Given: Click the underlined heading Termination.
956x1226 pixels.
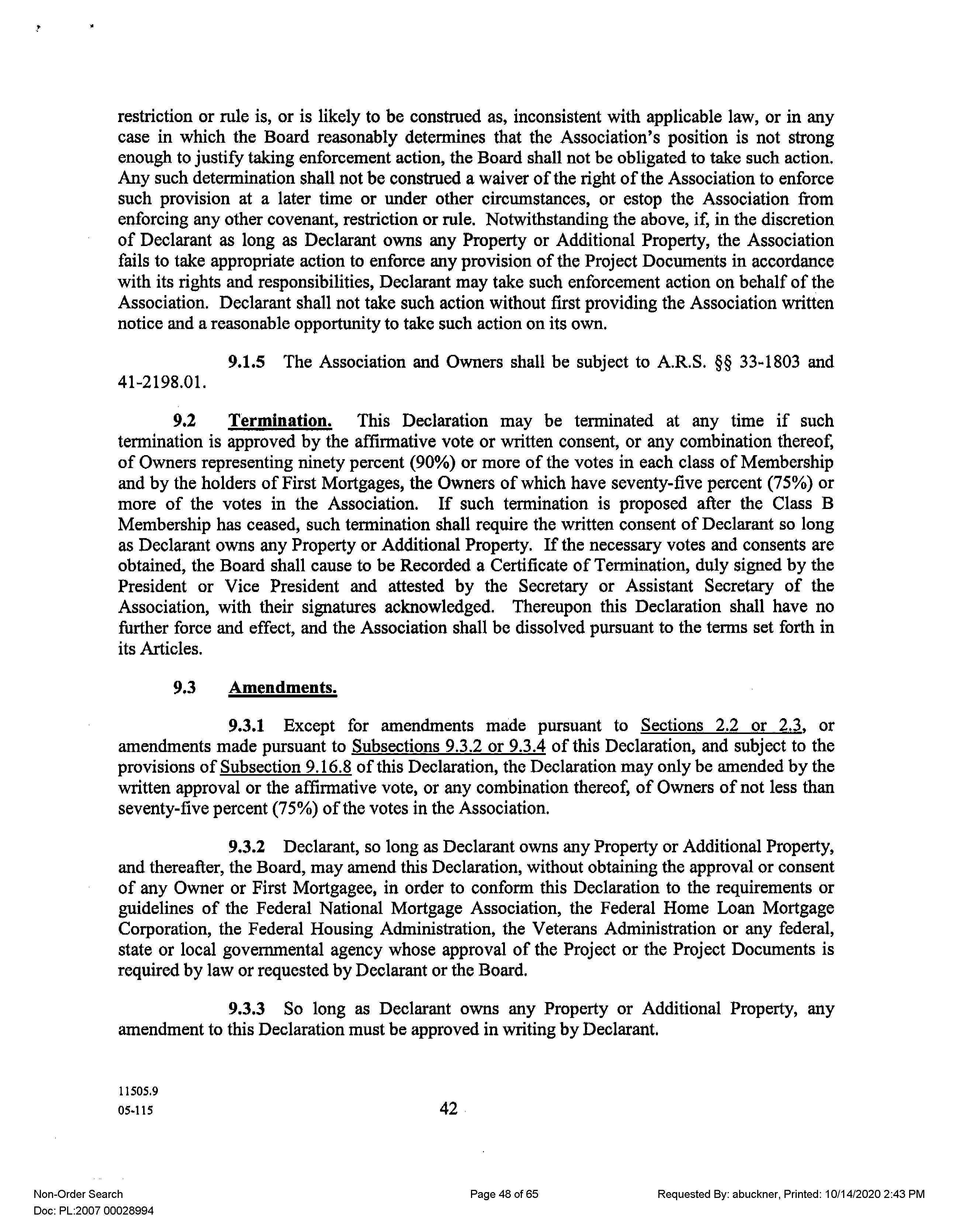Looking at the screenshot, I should (x=280, y=421).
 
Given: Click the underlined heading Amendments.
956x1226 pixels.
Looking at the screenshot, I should (x=283, y=688).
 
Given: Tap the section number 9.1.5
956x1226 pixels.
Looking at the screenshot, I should (x=246, y=362).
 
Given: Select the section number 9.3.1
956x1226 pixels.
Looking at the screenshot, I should (x=246, y=726).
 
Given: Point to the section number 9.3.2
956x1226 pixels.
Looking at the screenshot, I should (x=246, y=846).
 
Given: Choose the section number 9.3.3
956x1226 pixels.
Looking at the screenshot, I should (x=246, y=1009).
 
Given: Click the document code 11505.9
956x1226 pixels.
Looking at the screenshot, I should (x=138, y=1092).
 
